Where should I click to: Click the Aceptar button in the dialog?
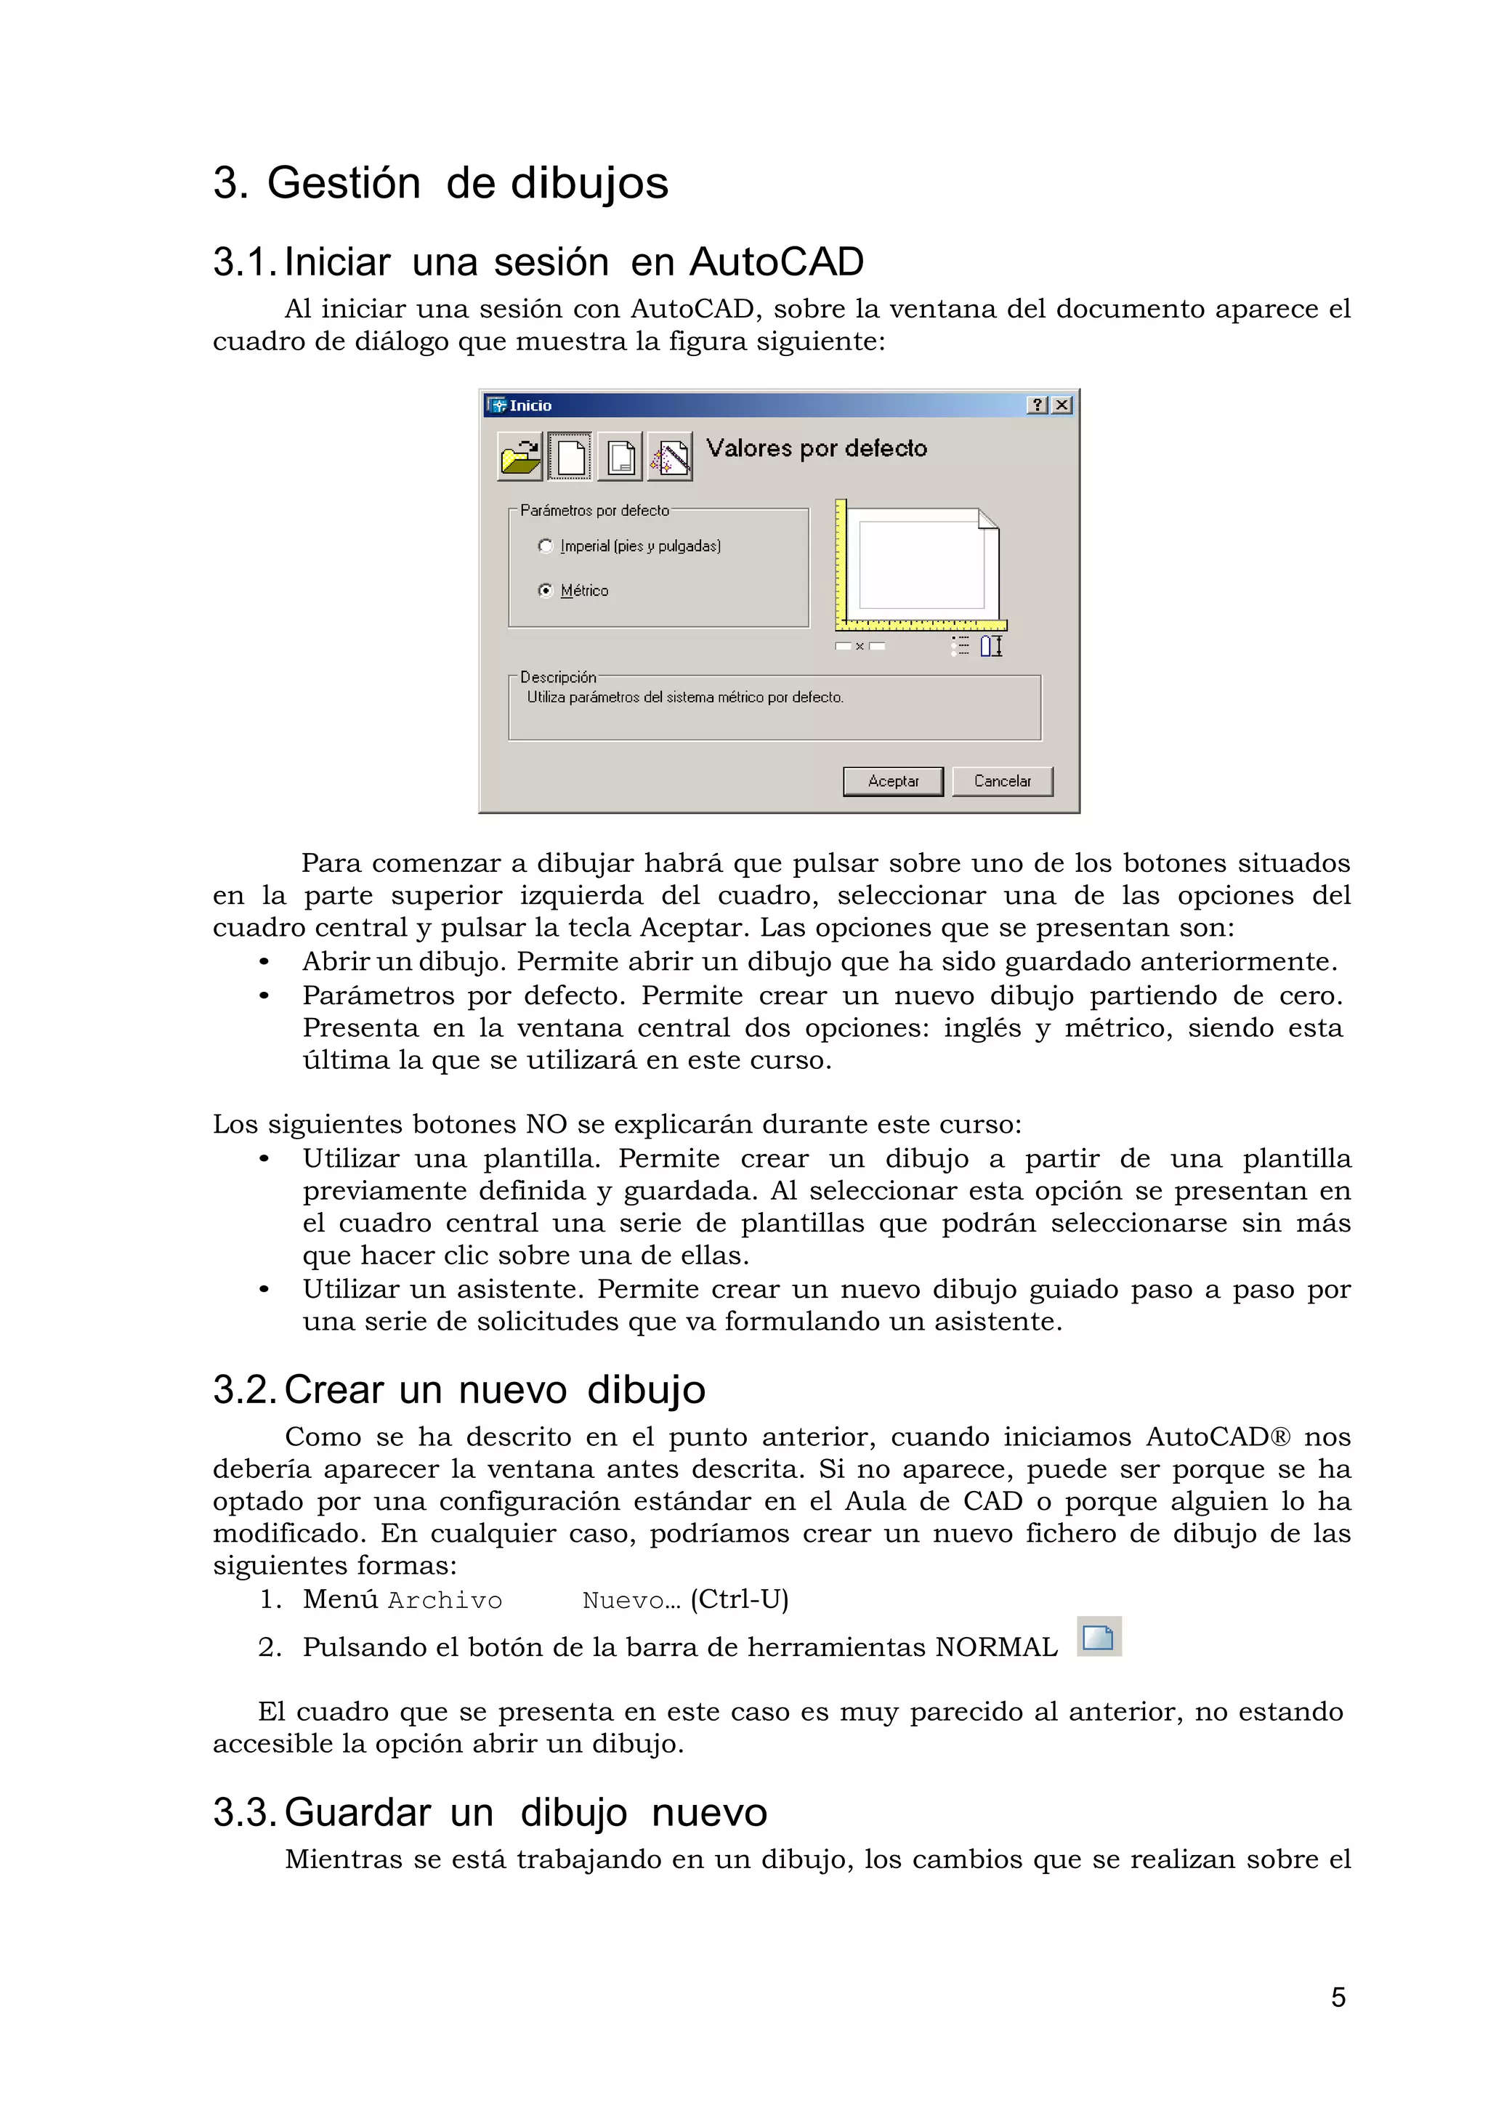(892, 781)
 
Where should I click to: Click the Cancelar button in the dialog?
(1001, 781)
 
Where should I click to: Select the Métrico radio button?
(546, 591)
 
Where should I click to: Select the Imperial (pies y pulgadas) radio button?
(546, 546)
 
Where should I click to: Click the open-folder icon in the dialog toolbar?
(519, 456)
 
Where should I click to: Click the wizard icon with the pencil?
(669, 456)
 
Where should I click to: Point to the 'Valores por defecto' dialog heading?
(816, 448)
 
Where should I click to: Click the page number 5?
(1338, 1997)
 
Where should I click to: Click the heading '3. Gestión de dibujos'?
(440, 182)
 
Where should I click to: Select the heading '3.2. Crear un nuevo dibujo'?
(458, 1389)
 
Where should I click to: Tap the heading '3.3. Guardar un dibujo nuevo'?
(490, 1811)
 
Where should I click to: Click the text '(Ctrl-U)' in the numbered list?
(739, 1599)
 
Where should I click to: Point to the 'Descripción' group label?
(557, 676)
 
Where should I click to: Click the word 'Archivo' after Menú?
(445, 1600)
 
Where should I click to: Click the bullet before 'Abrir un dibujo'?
(264, 962)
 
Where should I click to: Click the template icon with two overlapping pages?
(620, 456)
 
